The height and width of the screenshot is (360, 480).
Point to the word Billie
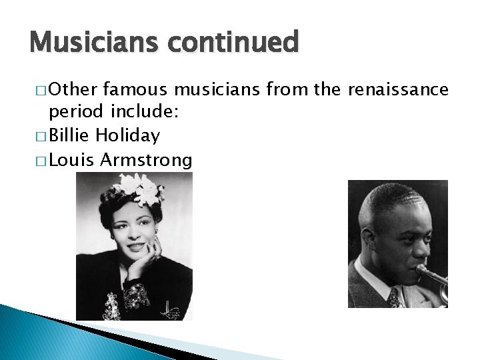[x=69, y=136]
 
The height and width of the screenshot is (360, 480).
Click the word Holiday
[x=127, y=136]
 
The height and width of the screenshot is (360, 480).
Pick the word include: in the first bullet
[x=144, y=113]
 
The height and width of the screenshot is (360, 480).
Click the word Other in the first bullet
[x=73, y=89]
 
